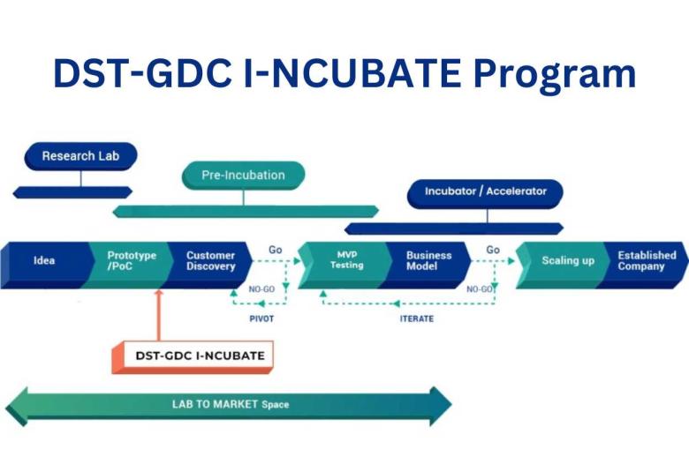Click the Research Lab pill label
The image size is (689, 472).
coord(80,156)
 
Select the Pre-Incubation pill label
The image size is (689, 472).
coord(243,175)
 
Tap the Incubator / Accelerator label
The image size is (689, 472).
coord(485,191)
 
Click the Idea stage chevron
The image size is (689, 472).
coord(44,261)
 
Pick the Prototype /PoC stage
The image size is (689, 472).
coord(132,261)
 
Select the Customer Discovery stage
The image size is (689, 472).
coord(210,261)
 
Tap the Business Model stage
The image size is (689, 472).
coord(428,261)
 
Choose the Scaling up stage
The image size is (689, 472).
coord(568,261)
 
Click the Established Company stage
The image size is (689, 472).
coord(647,261)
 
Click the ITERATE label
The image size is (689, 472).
coord(416,318)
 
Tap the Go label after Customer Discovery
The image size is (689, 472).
coord(276,251)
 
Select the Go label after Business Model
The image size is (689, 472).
coord(493,251)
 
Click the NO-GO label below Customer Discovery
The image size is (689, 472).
coord(261,288)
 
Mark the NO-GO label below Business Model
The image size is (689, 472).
coord(479,288)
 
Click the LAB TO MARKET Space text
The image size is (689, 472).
coord(230,405)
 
